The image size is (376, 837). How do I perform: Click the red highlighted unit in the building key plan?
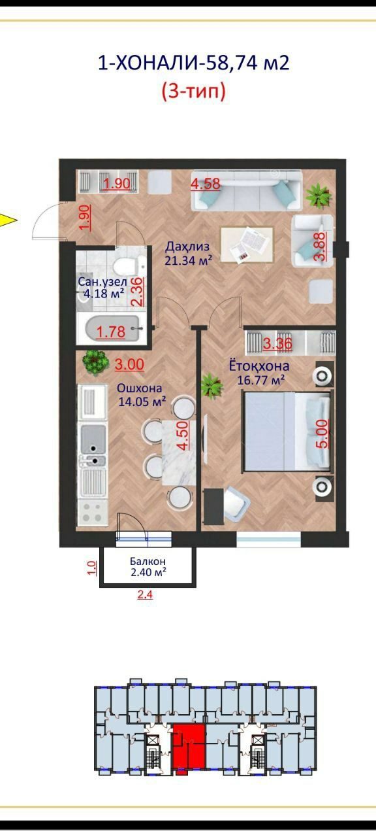coord(189,747)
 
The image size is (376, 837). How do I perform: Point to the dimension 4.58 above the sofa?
coord(205,184)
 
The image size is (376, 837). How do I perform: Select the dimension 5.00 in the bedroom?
coord(322,434)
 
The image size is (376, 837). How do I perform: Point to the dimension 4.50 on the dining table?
coord(183,436)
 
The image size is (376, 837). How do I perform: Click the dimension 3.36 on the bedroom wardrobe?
coord(277,344)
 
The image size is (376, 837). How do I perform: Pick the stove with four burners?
coord(92,513)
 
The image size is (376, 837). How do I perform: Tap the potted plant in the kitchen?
coord(95,362)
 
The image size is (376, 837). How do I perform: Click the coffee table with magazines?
coord(247,245)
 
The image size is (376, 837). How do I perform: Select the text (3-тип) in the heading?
coord(194,92)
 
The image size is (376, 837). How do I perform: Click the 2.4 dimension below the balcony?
coord(145,594)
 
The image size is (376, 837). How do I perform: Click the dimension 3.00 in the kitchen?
coord(129,364)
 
